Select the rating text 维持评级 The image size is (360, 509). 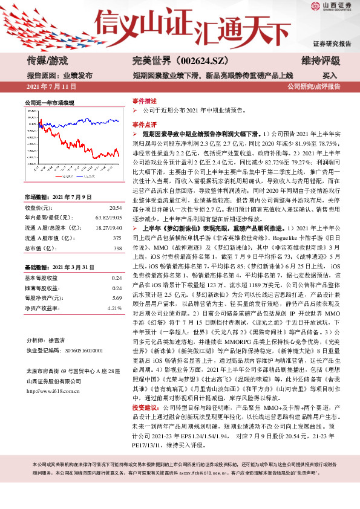[319, 60]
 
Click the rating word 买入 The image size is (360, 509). [330, 76]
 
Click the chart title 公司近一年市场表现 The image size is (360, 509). [49, 103]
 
